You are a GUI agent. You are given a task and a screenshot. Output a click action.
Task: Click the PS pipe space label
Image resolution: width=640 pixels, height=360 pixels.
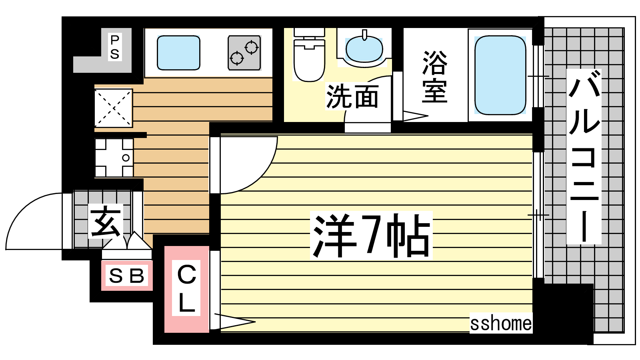click(114, 47)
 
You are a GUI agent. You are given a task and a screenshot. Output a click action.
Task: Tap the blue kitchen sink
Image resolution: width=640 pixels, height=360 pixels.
click(178, 52)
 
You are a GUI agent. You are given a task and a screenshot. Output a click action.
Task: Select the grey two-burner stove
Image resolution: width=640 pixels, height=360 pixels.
click(244, 53)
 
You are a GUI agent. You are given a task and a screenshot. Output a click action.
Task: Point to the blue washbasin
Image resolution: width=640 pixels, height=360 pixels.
click(364, 49)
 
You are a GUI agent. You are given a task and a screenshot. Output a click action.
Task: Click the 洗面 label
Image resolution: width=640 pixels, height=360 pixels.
click(352, 96)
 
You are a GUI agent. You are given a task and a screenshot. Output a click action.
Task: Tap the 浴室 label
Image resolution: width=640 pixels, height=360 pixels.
click(434, 77)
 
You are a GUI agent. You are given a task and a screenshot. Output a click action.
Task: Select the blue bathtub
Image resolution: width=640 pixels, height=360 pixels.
click(500, 75)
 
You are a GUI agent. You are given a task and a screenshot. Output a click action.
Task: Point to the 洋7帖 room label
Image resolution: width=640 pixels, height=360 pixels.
click(371, 235)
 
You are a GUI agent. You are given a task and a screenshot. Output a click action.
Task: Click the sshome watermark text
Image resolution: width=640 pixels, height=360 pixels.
click(501, 324)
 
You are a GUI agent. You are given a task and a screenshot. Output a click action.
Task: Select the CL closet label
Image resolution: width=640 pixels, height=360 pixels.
click(186, 289)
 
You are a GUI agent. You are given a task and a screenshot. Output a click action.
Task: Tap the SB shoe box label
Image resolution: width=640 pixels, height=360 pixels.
click(126, 276)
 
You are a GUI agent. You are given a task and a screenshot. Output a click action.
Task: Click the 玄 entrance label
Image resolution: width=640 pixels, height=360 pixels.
click(106, 221)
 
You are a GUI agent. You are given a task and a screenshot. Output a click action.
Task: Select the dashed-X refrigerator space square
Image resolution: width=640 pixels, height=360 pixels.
click(114, 108)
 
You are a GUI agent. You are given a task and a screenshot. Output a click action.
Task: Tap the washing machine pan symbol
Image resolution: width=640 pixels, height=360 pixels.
click(114, 158)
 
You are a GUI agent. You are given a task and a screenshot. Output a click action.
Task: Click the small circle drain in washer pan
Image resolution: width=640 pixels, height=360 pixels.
click(126, 158)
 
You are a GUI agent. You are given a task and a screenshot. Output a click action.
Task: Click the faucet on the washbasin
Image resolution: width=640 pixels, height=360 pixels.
click(364, 35)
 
